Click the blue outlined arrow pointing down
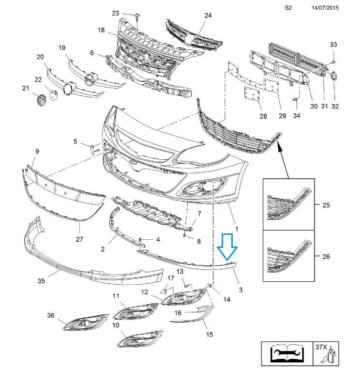(x=227, y=247)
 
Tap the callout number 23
(x=115, y=13)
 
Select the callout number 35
(x=41, y=281)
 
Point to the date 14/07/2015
(x=325, y=8)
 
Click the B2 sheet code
(x=288, y=8)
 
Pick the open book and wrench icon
(x=287, y=354)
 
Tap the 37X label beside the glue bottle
(x=321, y=347)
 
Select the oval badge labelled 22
(x=53, y=94)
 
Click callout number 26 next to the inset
(x=326, y=256)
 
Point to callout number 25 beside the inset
(x=326, y=205)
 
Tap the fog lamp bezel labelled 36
(x=86, y=322)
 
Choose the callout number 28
(x=263, y=116)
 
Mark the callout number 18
(x=101, y=30)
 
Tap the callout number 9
(x=37, y=151)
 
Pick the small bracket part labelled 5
(x=92, y=150)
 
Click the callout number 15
(x=210, y=334)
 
